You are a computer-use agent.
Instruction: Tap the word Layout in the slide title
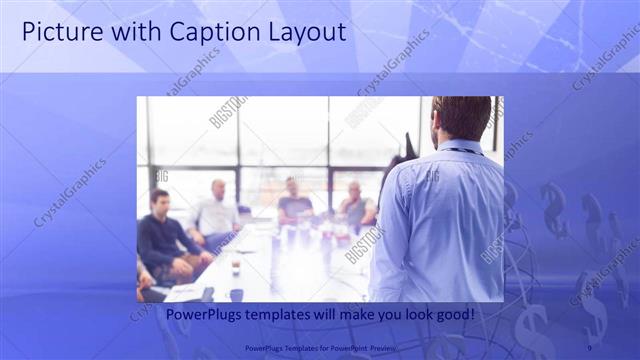pos(301,32)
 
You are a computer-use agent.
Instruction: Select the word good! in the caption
pos(453,315)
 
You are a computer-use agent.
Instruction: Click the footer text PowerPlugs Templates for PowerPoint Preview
pos(319,347)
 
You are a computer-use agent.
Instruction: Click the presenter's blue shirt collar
pos(459,146)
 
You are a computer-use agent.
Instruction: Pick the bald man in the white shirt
pos(216,210)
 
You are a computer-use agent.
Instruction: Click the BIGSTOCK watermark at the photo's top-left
pos(228,111)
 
